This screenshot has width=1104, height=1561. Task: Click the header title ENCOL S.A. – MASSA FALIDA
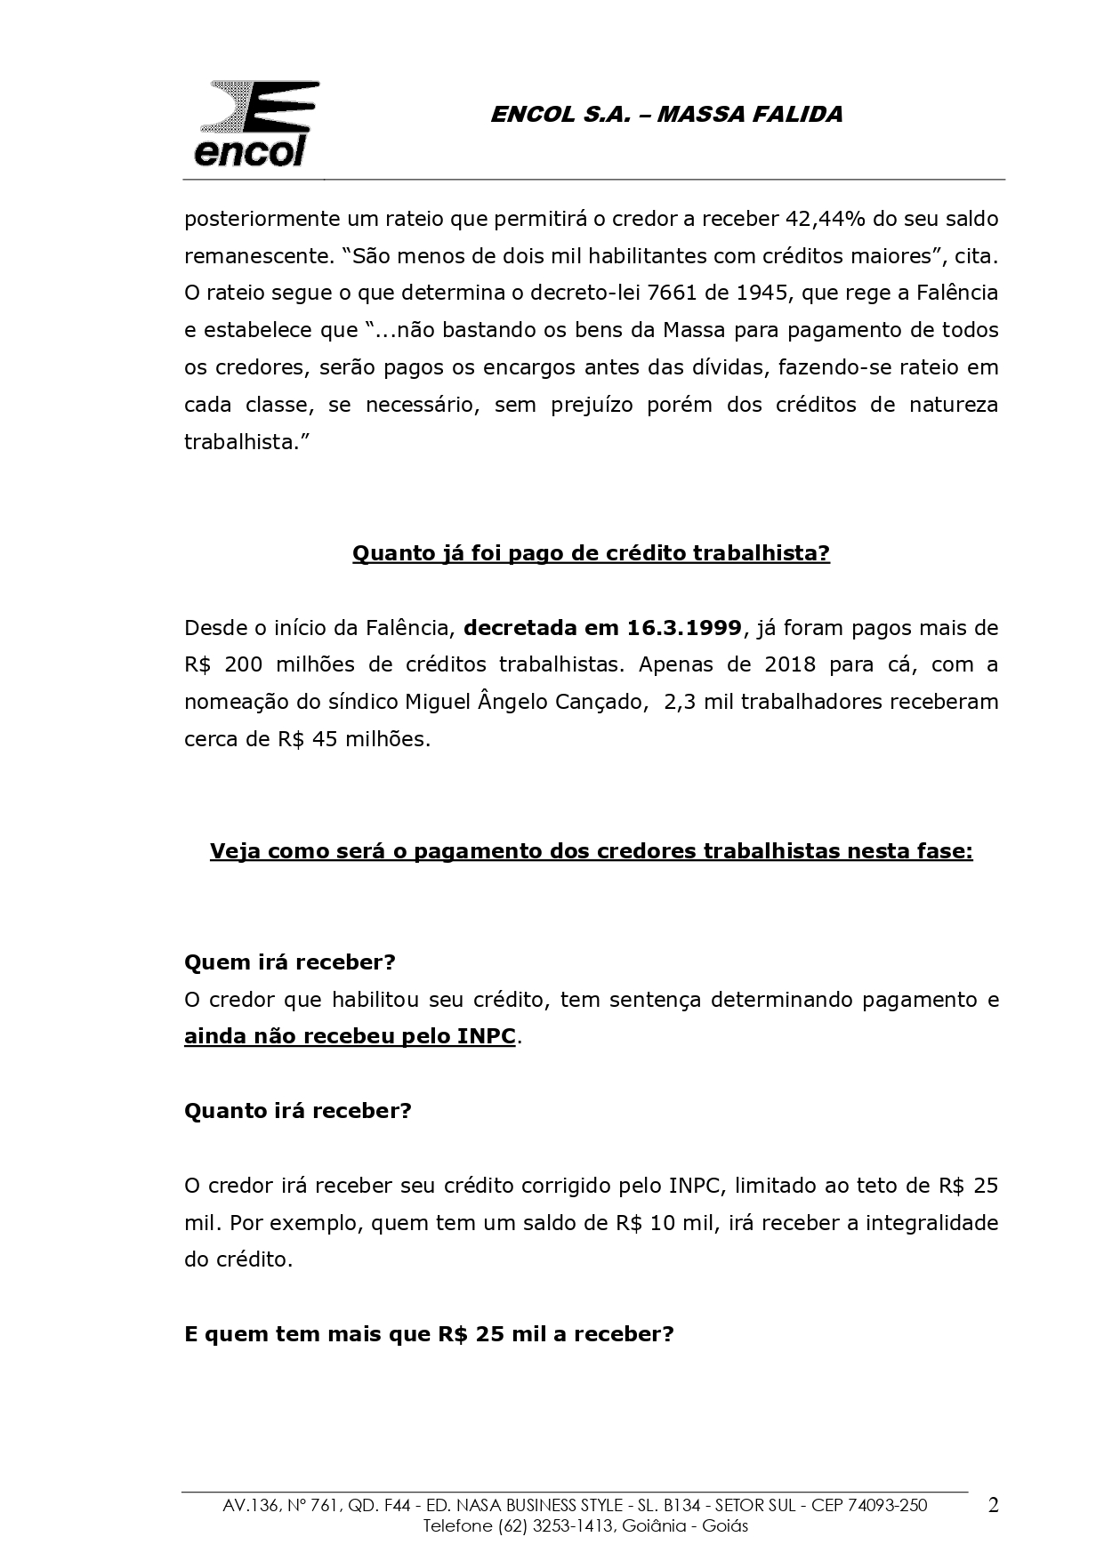coord(666,115)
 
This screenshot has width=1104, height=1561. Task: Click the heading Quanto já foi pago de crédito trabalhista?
coord(591,553)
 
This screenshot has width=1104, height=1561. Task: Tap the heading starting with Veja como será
coord(591,851)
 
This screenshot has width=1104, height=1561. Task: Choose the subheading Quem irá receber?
coord(289,962)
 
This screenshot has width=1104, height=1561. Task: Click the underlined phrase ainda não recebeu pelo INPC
coord(350,1037)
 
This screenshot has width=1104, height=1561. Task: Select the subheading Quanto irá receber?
coord(297,1111)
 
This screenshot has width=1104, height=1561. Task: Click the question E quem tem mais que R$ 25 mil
coord(429,1334)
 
